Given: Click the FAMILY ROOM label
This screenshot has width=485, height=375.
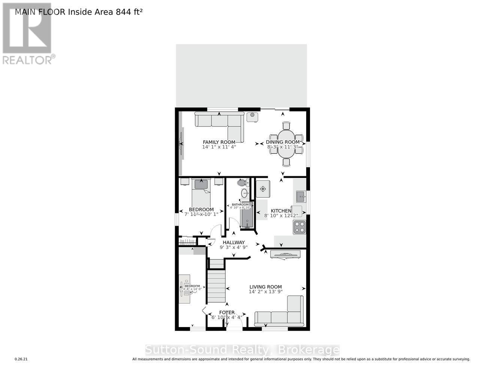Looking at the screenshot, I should [x=219, y=142].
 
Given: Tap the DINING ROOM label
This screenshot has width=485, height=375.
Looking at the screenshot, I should [x=283, y=142].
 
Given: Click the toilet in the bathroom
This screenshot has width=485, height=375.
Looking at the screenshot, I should [x=242, y=183].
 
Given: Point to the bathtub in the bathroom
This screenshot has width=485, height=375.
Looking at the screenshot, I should [x=247, y=215].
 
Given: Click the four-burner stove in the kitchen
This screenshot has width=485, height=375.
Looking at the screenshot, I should [x=299, y=227].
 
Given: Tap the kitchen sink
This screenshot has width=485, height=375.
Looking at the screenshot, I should [x=300, y=196].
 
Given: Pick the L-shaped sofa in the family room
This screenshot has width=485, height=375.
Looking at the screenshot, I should [x=221, y=124].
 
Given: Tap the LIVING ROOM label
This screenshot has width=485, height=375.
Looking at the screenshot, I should [x=265, y=287].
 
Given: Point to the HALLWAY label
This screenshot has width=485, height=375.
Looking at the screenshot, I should [x=234, y=242].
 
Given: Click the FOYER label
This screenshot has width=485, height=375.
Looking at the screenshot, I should [x=227, y=312].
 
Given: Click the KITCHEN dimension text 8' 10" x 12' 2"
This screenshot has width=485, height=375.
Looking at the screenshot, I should [x=281, y=216].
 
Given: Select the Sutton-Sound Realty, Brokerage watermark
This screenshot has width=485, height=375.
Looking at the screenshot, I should [x=242, y=350].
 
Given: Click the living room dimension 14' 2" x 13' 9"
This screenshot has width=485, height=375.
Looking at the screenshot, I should [x=265, y=291].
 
